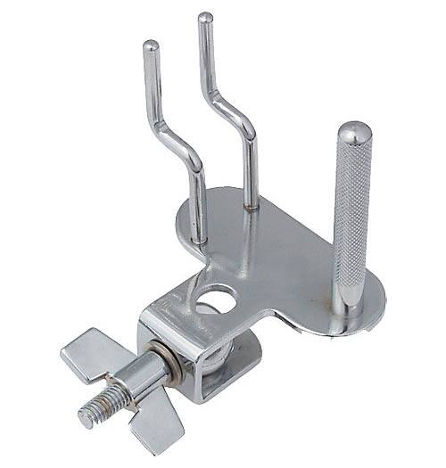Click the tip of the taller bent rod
pyautogui.click(x=204, y=17)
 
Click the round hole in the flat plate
pyautogui.click(x=221, y=300)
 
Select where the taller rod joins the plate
pyautogui.click(x=252, y=204)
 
